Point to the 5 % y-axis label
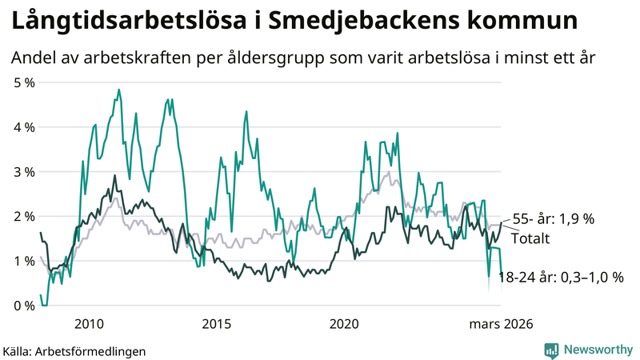click(x=24, y=82)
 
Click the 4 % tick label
click(x=24, y=127)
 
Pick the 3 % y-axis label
click(x=24, y=172)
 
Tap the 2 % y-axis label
click(x=24, y=217)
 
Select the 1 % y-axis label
click(x=24, y=261)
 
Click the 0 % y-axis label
click(x=24, y=306)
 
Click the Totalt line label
click(x=530, y=238)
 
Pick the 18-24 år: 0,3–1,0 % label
click(x=560, y=278)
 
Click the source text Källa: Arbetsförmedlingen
click(x=74, y=350)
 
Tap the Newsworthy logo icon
click(x=551, y=350)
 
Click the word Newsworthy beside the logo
click(x=597, y=350)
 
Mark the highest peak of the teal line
click(x=118, y=90)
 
